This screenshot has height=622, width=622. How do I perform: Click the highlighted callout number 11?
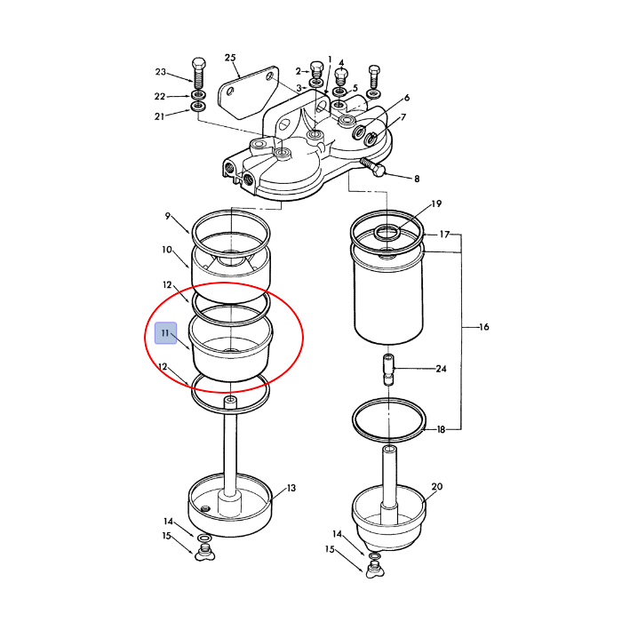[165, 333]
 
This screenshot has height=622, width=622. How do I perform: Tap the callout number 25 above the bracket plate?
[230, 58]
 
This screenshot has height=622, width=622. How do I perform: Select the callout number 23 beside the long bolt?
[161, 72]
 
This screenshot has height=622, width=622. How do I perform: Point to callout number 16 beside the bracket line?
[484, 327]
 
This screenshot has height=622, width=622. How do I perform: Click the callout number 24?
[441, 369]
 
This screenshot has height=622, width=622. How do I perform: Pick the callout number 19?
[436, 203]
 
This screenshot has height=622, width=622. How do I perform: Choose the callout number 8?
[417, 179]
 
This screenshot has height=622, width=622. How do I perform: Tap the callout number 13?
[291, 488]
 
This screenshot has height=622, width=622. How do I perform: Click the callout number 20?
[437, 486]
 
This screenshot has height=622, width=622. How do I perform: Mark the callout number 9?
[168, 216]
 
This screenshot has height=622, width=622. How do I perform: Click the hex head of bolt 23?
[199, 64]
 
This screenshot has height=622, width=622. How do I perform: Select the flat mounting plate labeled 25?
[248, 92]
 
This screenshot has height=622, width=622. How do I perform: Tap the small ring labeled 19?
[387, 233]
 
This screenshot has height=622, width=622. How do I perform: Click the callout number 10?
[167, 250]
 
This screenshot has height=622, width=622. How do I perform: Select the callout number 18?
[441, 429]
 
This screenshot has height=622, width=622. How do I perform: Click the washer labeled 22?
[199, 95]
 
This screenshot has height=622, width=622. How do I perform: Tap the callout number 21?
[159, 116]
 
